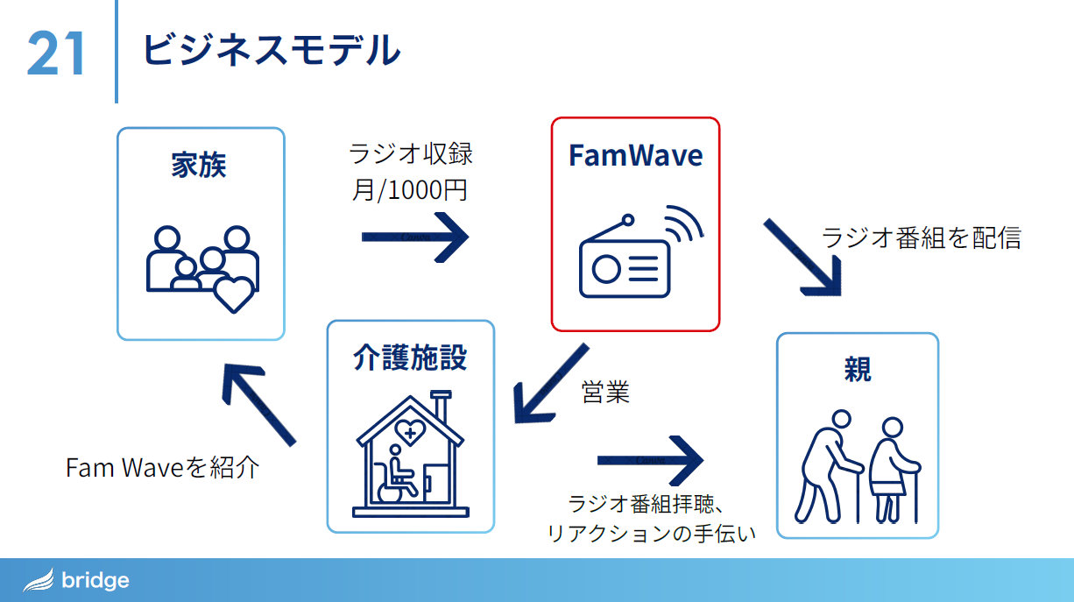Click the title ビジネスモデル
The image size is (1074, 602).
(271, 50)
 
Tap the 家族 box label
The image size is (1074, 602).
(199, 165)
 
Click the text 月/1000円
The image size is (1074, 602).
(409, 189)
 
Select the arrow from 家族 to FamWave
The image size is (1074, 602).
(414, 237)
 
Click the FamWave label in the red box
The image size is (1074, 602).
(635, 155)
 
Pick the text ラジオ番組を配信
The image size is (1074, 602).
(921, 237)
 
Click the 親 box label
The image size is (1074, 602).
(857, 369)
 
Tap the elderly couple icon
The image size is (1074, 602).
(858, 467)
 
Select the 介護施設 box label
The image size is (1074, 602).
(410, 358)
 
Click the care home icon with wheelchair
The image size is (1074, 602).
(410, 455)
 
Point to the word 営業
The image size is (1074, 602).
(605, 392)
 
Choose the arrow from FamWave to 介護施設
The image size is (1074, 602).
(549, 382)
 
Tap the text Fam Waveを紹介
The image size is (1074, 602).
(162, 467)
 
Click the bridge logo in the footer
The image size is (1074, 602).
(77, 580)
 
